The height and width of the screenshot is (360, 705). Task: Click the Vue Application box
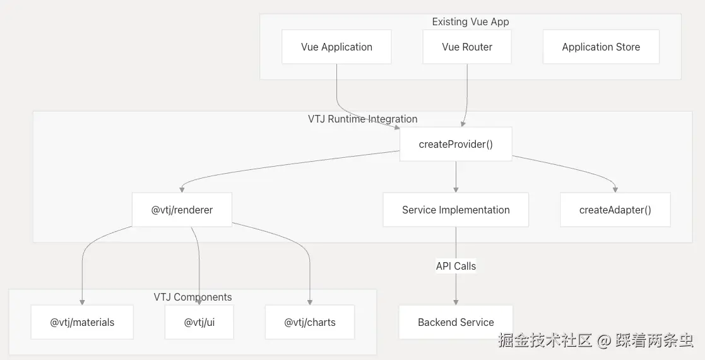(336, 47)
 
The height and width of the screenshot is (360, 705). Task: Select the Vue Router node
(467, 47)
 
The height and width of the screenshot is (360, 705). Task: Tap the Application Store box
(601, 47)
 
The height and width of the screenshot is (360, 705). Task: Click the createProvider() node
(456, 144)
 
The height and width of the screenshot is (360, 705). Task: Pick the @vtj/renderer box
(182, 210)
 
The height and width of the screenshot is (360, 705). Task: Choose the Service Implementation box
(456, 210)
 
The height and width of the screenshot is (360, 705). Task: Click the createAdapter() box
(615, 210)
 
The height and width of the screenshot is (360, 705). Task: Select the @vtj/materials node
(82, 322)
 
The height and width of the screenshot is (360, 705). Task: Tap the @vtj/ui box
(199, 322)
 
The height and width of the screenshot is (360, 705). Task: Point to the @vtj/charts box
(310, 322)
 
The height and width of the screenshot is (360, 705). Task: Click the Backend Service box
(456, 322)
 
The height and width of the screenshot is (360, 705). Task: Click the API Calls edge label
(456, 266)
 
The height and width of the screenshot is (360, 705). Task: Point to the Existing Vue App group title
(470, 22)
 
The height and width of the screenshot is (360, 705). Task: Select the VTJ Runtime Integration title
(362, 119)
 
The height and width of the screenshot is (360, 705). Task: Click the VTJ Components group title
(193, 297)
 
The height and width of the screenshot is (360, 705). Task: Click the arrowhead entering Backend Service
(456, 301)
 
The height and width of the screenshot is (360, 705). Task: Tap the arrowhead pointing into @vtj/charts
(310, 301)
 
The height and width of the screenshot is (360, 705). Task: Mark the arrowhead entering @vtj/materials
(82, 301)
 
